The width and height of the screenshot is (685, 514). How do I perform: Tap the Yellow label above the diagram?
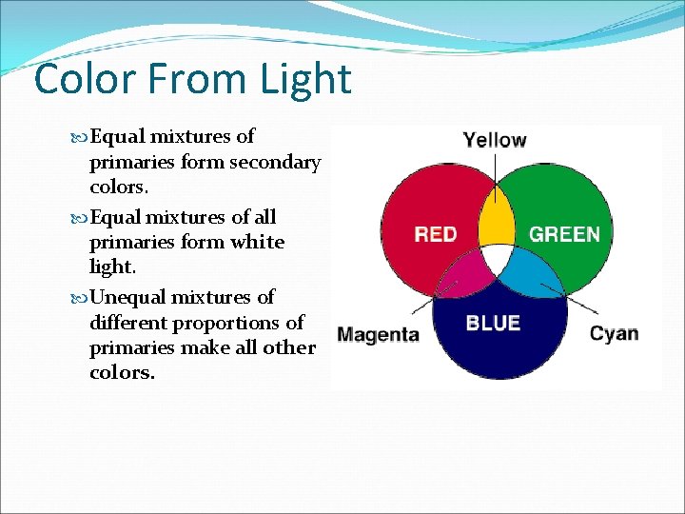click(494, 140)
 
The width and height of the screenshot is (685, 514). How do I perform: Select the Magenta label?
click(378, 334)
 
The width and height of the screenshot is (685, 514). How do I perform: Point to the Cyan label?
click(614, 333)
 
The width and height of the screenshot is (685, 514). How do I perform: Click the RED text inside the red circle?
click(435, 234)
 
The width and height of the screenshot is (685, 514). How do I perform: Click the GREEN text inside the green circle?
click(564, 234)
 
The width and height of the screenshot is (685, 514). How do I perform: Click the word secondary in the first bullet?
click(275, 163)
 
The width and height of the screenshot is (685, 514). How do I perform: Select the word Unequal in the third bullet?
click(125, 297)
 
